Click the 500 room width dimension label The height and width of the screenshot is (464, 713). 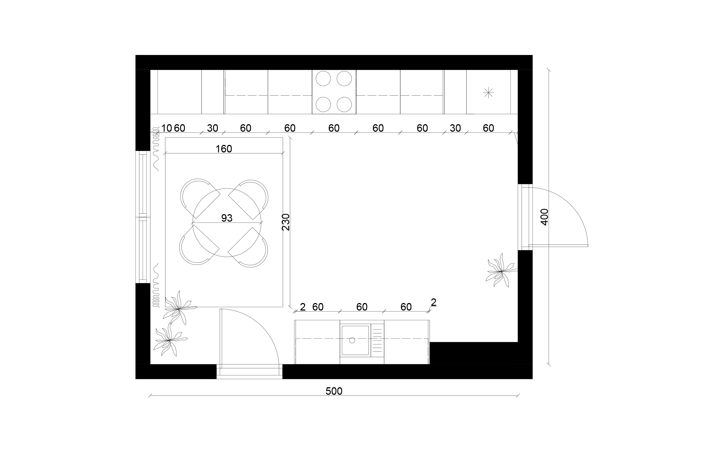click(x=334, y=392)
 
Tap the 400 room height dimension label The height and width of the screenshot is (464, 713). click(x=544, y=217)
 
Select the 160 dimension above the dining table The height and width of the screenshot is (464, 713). click(x=224, y=149)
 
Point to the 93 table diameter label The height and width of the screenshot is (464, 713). click(x=227, y=218)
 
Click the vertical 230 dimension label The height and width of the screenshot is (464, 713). click(x=286, y=222)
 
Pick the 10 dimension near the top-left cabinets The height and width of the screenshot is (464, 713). click(x=166, y=128)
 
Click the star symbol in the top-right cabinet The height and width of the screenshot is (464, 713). click(x=488, y=93)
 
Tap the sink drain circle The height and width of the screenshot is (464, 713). click(x=352, y=340)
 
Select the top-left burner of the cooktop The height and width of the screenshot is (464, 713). click(x=324, y=79)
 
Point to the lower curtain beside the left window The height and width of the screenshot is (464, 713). click(x=155, y=286)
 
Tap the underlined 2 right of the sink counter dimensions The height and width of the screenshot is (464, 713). click(x=434, y=303)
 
